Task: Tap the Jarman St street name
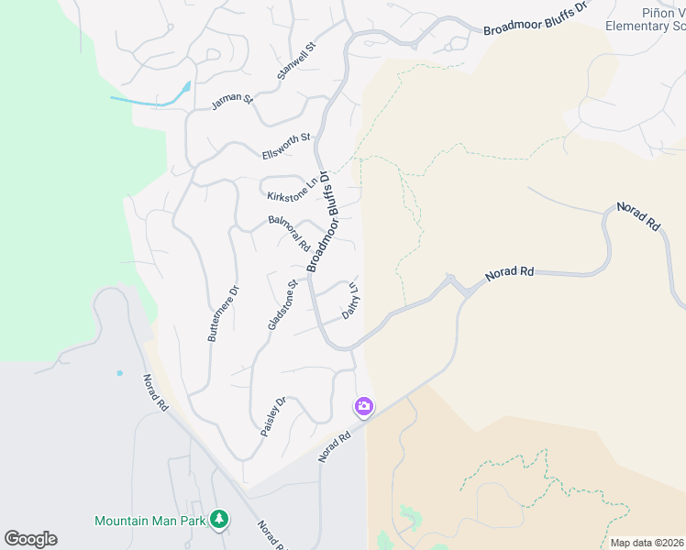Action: click(230, 99)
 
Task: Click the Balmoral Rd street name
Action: click(289, 233)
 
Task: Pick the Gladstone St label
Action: click(282, 305)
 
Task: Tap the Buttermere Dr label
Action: click(223, 313)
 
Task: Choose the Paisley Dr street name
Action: click(273, 416)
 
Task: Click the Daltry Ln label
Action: click(350, 300)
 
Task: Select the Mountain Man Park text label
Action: click(150, 521)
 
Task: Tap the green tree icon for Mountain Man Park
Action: click(218, 520)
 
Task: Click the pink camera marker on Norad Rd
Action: click(364, 405)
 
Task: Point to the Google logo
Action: click(30, 539)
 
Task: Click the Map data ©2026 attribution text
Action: click(647, 543)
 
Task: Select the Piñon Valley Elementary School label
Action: click(646, 19)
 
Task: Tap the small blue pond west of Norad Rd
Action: click(118, 373)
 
